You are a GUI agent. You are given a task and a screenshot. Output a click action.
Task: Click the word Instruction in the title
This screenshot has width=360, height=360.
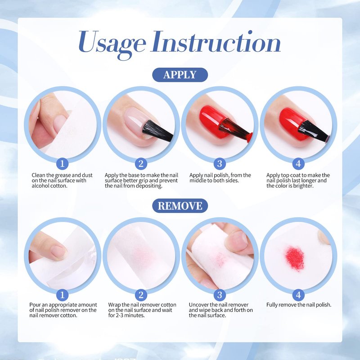[x=216, y=41]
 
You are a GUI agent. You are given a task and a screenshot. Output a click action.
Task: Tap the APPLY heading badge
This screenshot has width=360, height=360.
[x=180, y=75]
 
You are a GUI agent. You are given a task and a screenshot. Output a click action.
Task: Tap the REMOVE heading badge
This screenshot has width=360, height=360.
[x=180, y=206]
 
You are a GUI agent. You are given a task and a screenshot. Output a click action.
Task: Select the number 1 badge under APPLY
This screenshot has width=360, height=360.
[x=62, y=164]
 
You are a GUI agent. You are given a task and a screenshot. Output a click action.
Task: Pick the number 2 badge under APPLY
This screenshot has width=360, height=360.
[x=141, y=164]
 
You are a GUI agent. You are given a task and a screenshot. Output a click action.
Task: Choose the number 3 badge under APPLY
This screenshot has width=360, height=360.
[x=220, y=164]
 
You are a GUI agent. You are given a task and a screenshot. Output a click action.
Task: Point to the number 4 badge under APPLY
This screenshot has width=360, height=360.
[x=298, y=164]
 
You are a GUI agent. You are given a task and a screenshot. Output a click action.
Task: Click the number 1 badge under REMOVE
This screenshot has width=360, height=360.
[x=62, y=295]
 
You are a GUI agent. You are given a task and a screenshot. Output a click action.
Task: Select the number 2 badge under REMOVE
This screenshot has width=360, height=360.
[x=141, y=295]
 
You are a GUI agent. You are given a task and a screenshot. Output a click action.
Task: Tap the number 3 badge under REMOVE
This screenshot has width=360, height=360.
[x=220, y=295]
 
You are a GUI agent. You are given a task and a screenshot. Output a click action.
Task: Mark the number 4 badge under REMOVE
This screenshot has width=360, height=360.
[x=298, y=295]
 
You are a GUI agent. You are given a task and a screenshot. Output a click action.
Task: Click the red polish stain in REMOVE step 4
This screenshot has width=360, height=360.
[x=295, y=258]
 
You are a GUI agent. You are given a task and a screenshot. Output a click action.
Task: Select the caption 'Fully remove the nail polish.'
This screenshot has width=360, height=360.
[x=299, y=305]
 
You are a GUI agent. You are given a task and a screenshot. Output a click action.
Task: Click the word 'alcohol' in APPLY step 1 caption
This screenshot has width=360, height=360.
[x=40, y=185]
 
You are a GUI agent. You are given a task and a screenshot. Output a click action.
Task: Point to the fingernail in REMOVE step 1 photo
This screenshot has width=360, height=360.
[x=58, y=252]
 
